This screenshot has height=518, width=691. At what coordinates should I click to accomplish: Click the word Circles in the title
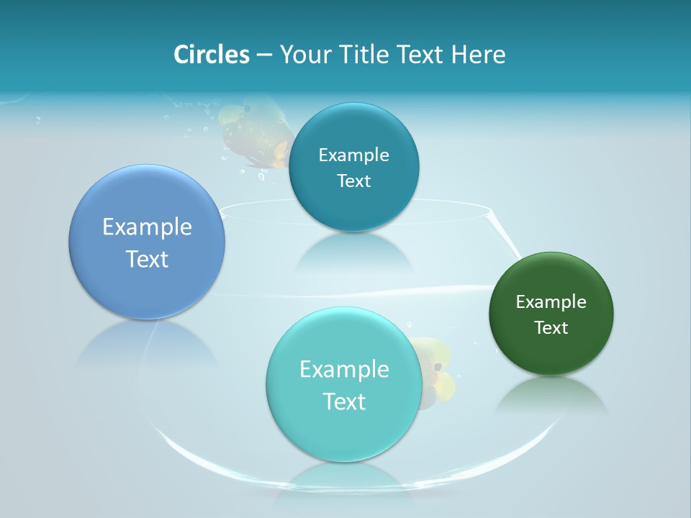click(211, 55)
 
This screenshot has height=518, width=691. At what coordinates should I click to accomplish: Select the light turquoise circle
click(343, 432)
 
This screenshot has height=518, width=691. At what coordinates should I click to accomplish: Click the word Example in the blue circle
click(147, 227)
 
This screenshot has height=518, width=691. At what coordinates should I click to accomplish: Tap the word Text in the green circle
click(551, 328)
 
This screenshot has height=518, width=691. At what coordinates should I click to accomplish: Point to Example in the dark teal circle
click(353, 155)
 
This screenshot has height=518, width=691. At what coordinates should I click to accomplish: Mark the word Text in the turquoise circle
click(344, 401)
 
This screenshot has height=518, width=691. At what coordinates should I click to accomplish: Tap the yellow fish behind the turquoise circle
click(435, 371)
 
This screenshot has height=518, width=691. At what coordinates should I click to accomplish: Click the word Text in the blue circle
click(147, 259)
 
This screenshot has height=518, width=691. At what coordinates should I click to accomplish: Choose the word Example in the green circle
click(551, 302)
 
